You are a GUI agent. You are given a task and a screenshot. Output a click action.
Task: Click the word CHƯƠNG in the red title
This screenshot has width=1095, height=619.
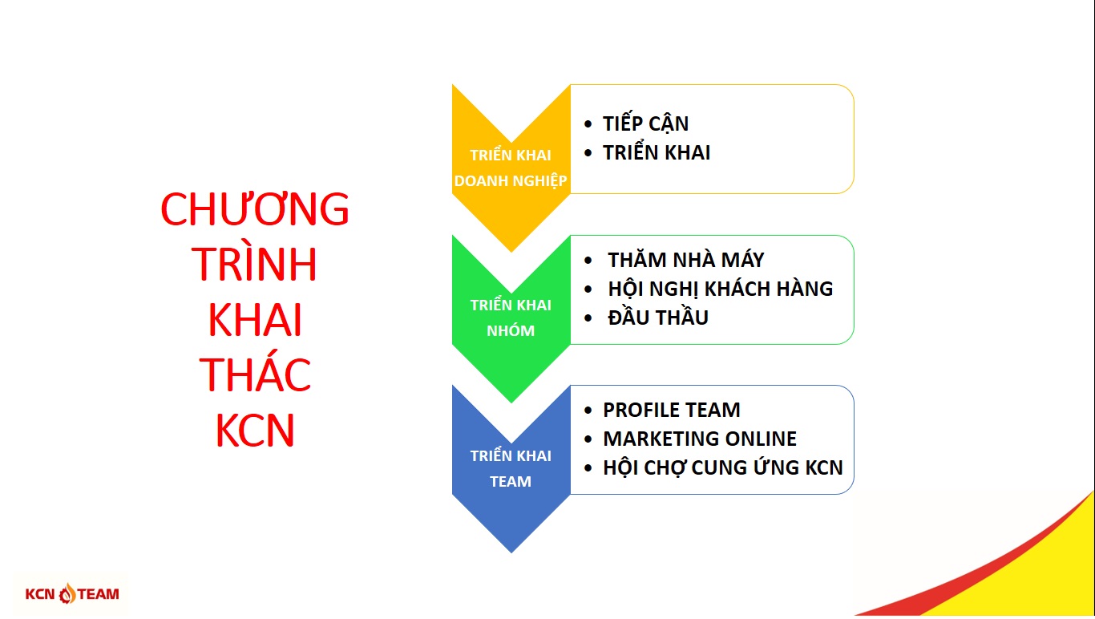click(x=255, y=208)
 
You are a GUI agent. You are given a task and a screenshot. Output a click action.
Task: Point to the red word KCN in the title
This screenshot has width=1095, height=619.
click(x=255, y=431)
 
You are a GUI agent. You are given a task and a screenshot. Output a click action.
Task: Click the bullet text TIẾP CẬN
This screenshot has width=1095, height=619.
click(x=646, y=123)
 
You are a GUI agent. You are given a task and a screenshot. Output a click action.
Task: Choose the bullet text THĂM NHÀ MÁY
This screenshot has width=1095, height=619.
click(x=686, y=259)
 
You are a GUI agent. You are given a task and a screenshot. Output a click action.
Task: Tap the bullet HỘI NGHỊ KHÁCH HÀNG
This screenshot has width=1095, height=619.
click(x=721, y=289)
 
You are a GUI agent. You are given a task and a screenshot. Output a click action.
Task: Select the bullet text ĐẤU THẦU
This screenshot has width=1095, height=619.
click(x=658, y=317)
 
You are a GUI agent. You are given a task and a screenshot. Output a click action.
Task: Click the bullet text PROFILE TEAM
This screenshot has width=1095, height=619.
click(x=672, y=410)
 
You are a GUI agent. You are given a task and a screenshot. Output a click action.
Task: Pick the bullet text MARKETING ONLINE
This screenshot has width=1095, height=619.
click(x=700, y=439)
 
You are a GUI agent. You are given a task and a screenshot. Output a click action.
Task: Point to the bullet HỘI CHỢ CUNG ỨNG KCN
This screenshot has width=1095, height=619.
click(x=723, y=467)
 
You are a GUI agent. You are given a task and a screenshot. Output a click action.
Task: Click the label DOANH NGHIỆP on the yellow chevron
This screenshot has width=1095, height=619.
click(x=511, y=181)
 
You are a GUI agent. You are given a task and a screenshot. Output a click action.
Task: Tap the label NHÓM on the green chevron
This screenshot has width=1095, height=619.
click(x=511, y=330)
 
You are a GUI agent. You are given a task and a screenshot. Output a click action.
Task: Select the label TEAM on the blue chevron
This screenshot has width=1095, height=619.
click(x=511, y=482)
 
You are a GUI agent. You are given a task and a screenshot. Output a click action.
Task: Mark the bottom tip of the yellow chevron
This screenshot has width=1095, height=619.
click(x=511, y=252)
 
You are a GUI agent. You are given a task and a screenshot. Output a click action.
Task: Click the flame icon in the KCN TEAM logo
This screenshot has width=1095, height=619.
click(x=67, y=593)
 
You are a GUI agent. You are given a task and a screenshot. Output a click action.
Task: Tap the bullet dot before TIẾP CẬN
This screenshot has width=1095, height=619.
click(x=588, y=124)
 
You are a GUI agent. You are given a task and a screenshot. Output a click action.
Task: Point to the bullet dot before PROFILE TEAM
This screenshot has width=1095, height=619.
click(x=588, y=411)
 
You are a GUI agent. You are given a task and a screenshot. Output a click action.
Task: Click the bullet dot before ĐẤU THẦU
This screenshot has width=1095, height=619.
click(x=588, y=318)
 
